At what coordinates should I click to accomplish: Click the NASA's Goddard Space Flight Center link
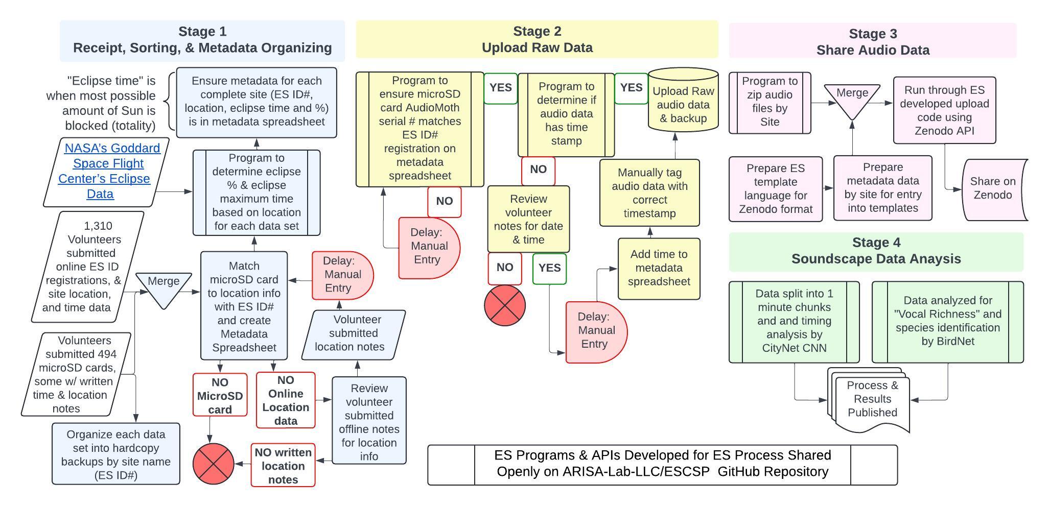tap(109, 171)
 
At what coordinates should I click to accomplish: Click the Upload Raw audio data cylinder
tap(683, 105)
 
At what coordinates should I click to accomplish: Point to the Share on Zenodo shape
tap(993, 188)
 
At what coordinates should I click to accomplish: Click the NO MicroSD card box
tap(220, 395)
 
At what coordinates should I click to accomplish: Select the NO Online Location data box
tap(286, 400)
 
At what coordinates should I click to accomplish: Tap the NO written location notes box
tap(283, 465)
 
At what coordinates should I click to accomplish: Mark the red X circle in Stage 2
tap(505, 305)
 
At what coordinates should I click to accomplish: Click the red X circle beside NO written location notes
tap(213, 464)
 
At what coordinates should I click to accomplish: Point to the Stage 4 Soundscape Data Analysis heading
tap(876, 251)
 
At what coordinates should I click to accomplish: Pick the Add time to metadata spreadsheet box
tap(659, 268)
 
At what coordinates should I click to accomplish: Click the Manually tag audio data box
tap(649, 192)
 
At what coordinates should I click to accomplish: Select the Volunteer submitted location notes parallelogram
tap(353, 334)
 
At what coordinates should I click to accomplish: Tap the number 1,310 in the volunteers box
tap(98, 226)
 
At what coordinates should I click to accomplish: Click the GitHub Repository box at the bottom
tap(662, 464)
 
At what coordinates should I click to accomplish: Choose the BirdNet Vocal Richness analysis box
tap(947, 321)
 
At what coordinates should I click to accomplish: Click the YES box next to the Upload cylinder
tap(631, 88)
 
